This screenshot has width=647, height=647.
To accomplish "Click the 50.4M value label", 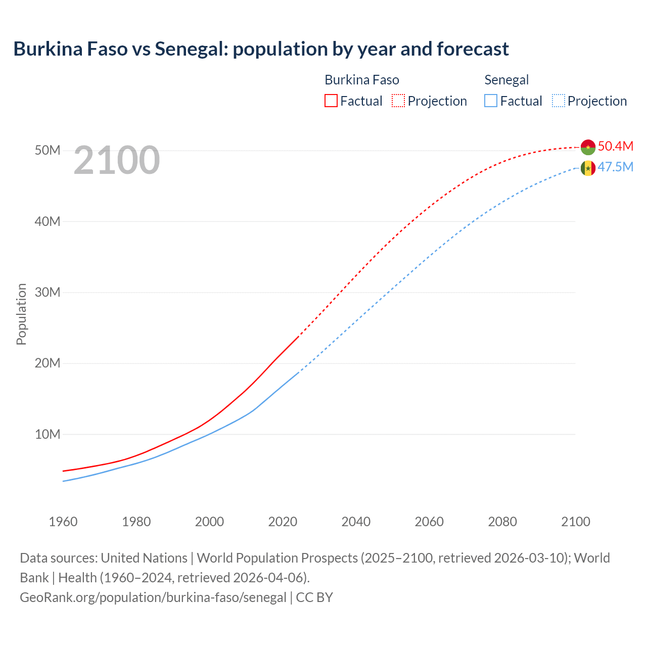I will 615,146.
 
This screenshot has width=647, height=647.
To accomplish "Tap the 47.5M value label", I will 615,167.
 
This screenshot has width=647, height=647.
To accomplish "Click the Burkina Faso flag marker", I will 588,147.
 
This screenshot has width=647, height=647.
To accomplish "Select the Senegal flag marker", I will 588,168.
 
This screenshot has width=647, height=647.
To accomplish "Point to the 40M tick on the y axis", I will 48,221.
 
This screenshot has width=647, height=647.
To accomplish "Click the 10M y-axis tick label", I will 48,434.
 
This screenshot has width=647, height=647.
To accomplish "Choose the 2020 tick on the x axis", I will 283,522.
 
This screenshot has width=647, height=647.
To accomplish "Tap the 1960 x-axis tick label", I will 63,522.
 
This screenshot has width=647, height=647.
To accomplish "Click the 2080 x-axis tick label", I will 502,522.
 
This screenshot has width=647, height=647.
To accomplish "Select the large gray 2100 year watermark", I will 117,160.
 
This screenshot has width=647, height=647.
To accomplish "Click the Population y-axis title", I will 21,314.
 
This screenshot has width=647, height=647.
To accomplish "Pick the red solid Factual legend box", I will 331,101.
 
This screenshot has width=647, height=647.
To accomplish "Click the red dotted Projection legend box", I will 398,101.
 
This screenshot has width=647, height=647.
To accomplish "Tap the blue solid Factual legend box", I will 491,101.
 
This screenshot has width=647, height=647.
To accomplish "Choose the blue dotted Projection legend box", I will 559,101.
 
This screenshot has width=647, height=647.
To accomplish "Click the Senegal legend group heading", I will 506,80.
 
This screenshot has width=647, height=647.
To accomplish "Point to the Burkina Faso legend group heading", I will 362,80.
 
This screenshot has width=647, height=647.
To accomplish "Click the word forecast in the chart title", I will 473,49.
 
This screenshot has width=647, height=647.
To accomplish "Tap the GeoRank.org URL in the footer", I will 153,597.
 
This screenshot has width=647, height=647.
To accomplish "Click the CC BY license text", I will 314,597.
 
